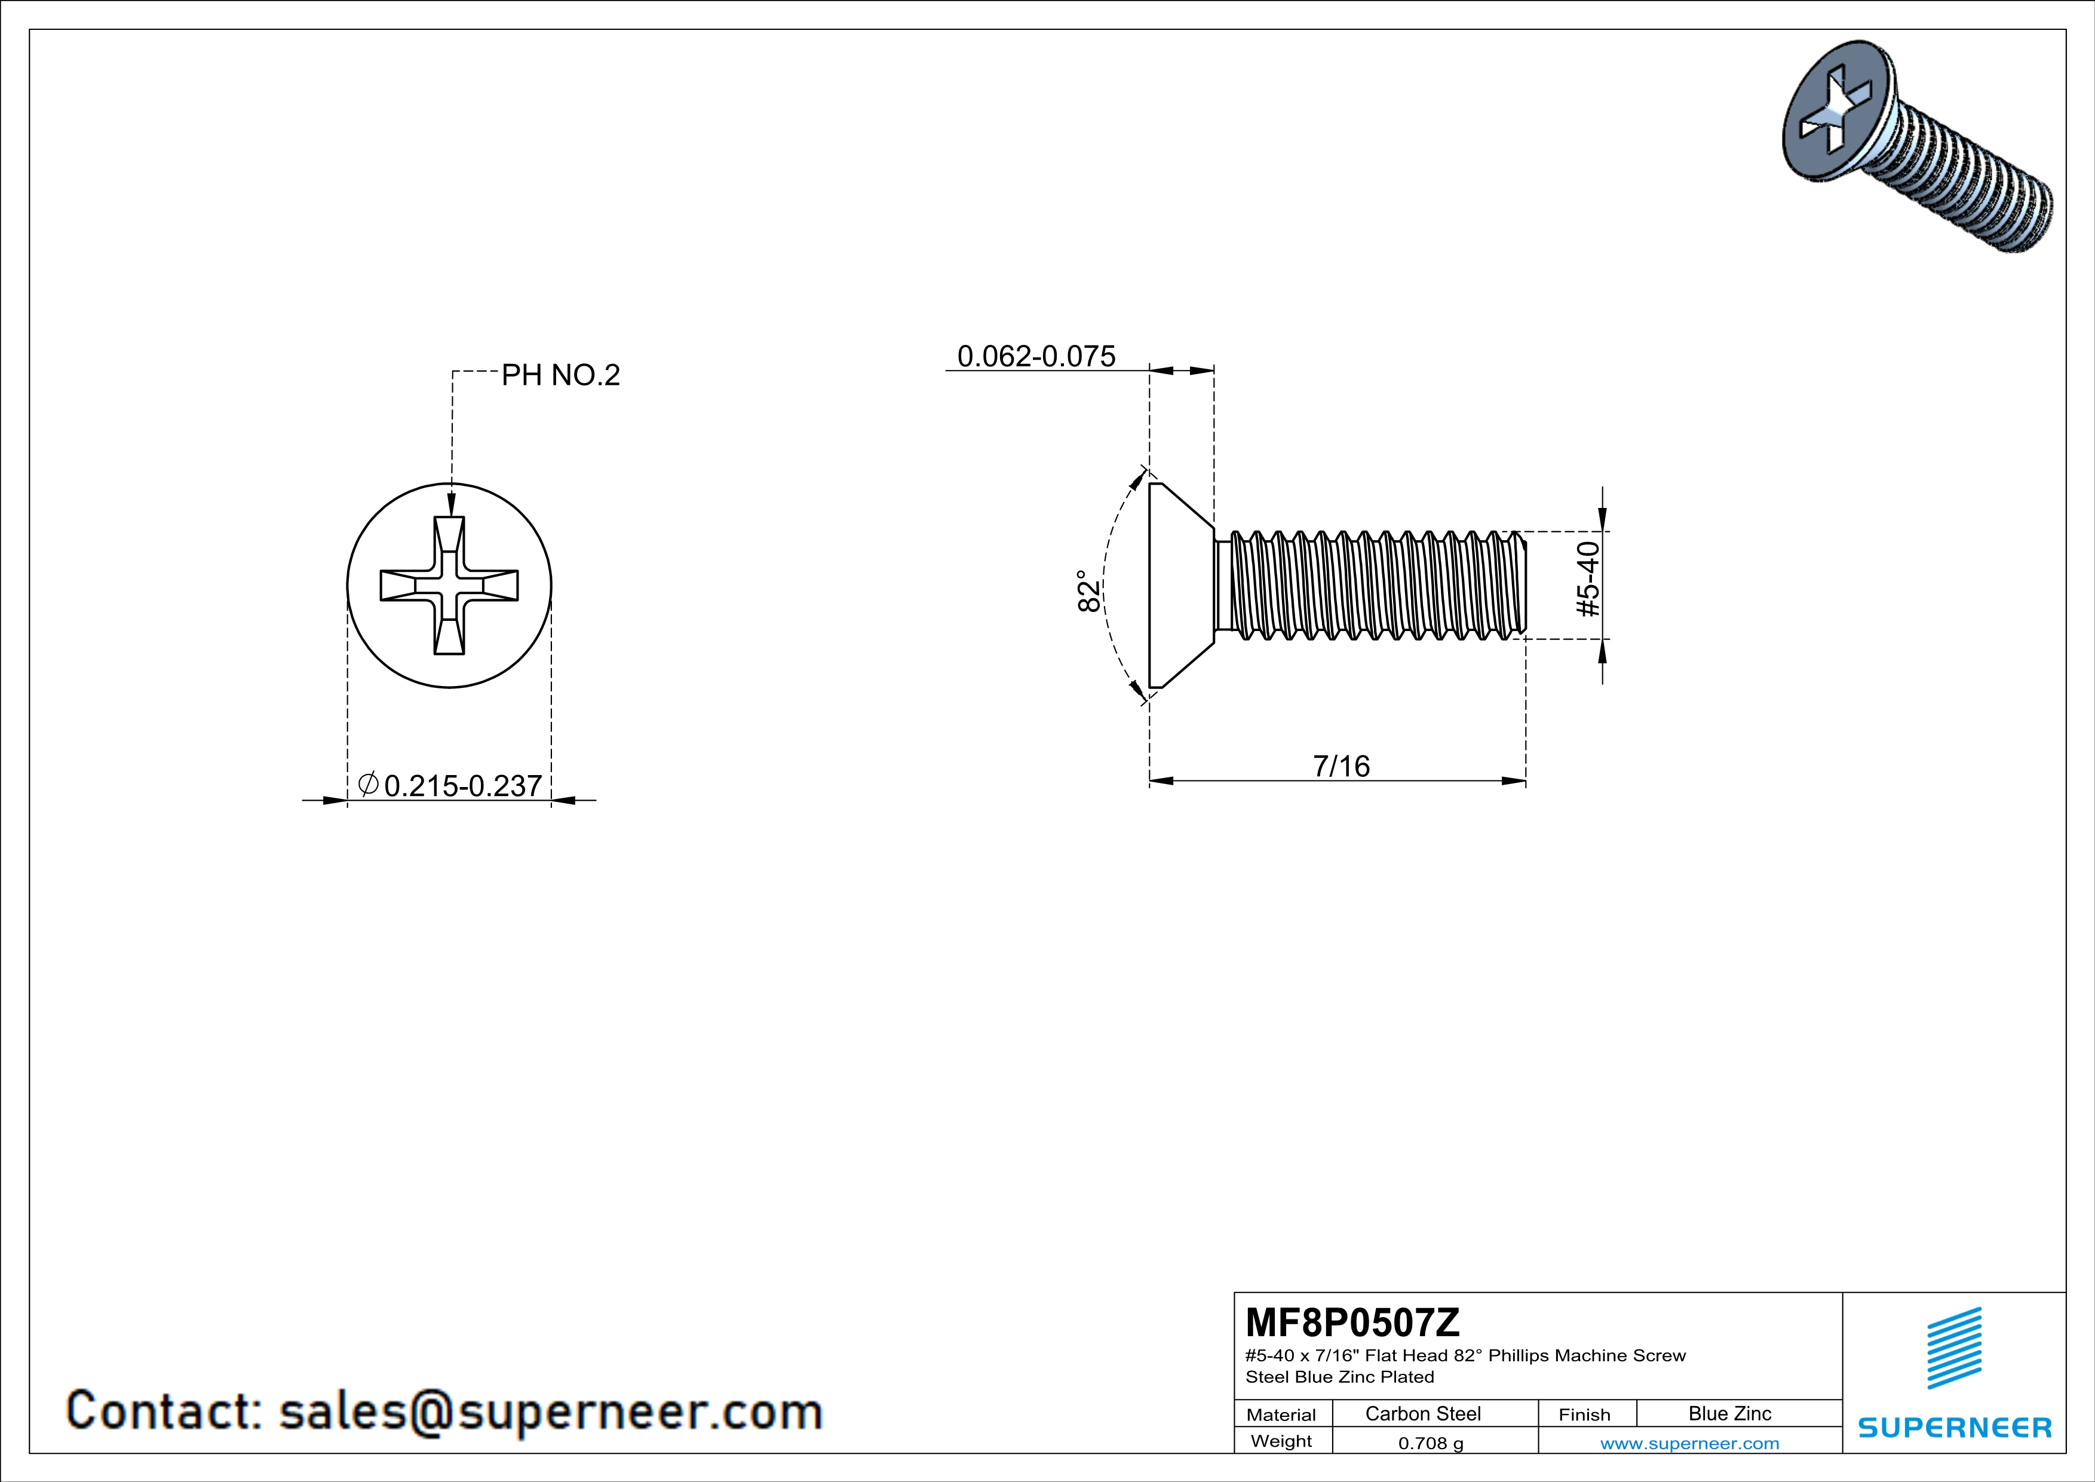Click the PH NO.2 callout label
(x=560, y=375)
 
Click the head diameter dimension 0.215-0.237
(x=462, y=786)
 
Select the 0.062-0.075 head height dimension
(x=1036, y=356)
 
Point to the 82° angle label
(x=1088, y=592)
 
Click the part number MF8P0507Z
(x=1352, y=1321)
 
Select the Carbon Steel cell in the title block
(x=1422, y=1413)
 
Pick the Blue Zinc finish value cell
(x=1729, y=1413)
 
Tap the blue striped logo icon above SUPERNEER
(x=1955, y=1348)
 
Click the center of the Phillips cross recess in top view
(x=449, y=586)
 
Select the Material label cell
(x=1281, y=1414)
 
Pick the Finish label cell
(x=1584, y=1414)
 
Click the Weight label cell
(x=1281, y=1441)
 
